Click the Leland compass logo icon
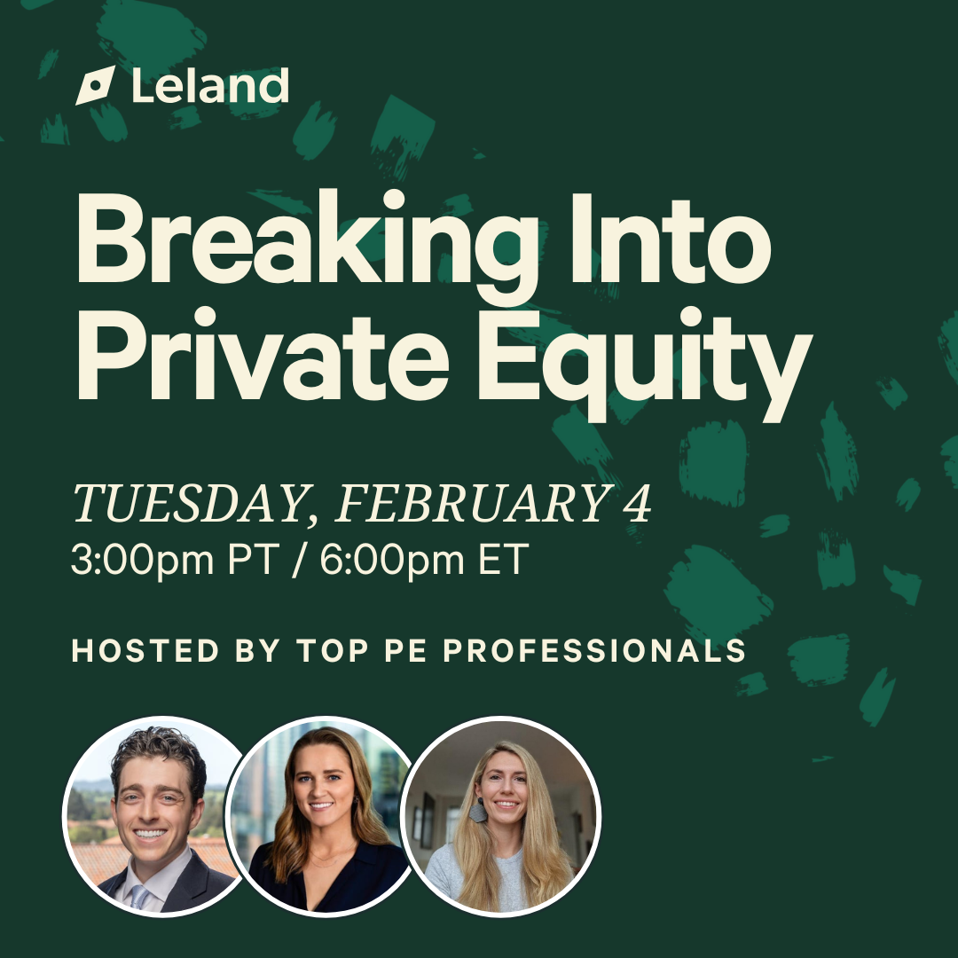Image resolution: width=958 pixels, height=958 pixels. (95, 85)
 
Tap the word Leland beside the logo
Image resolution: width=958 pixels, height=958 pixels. (210, 85)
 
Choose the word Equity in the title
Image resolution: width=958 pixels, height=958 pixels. (645, 365)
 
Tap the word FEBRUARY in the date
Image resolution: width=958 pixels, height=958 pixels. (472, 503)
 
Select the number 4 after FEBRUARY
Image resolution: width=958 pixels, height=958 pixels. (637, 503)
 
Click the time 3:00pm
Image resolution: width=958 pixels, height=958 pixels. (143, 560)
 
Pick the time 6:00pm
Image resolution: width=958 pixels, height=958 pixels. (392, 560)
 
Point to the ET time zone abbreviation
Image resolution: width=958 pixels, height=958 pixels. (504, 559)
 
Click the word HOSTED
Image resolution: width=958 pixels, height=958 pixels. (145, 650)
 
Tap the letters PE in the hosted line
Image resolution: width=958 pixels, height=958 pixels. (405, 650)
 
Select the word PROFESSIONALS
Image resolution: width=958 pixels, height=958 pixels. (594, 650)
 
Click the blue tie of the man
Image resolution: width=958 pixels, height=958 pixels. (139, 896)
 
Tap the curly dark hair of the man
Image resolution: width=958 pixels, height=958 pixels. (158, 756)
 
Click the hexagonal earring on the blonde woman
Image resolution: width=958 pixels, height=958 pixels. (478, 813)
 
